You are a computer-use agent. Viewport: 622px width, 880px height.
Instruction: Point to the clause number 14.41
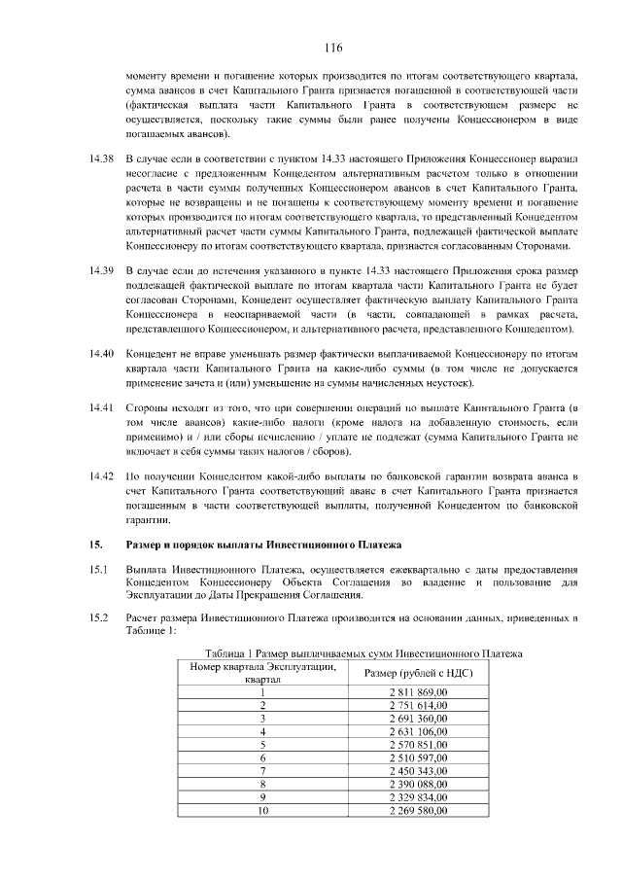(x=102, y=406)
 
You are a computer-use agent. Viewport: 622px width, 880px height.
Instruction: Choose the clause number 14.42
(x=102, y=475)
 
